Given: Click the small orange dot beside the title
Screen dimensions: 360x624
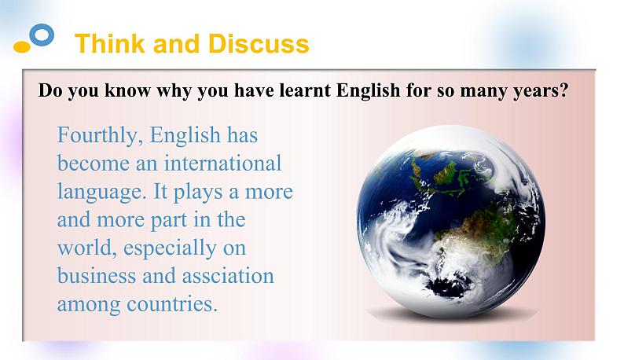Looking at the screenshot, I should (22, 47).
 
